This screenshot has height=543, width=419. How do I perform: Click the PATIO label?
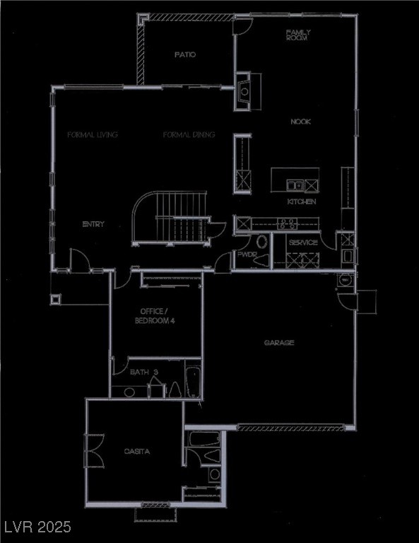point(185,54)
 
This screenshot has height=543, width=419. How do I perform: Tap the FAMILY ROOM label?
point(298,35)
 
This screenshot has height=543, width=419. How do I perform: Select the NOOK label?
point(301,122)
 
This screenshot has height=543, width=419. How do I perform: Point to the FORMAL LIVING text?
point(92,134)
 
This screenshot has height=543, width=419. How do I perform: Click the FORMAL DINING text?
point(189,134)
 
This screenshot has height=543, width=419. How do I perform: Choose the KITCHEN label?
point(301,202)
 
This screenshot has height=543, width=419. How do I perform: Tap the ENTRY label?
point(93,224)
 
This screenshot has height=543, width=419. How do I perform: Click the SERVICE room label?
point(303,243)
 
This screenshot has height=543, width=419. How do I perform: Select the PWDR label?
point(247,254)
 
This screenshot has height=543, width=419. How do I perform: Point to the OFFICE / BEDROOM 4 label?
point(155,316)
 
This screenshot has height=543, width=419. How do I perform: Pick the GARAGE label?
point(279,343)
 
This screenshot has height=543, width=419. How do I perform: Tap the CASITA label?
point(136,451)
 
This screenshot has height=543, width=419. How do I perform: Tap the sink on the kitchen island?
point(295,185)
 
